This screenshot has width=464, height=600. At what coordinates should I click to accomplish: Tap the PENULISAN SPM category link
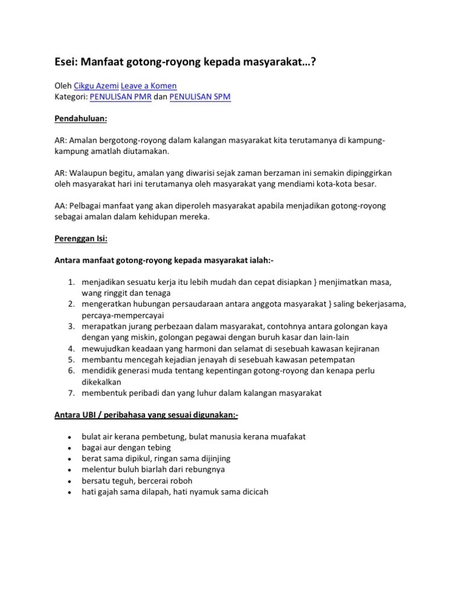tap(199, 97)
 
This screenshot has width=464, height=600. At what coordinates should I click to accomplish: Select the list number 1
tap(70, 282)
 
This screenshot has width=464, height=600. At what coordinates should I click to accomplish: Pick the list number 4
tap(70, 348)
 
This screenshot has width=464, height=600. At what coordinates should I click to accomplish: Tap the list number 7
tap(70, 393)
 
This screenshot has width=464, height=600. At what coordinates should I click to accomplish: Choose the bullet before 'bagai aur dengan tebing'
tap(70, 448)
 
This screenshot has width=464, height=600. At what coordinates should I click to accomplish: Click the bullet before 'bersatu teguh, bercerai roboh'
tap(70, 481)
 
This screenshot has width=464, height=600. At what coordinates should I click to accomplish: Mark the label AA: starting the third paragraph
tap(60, 206)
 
